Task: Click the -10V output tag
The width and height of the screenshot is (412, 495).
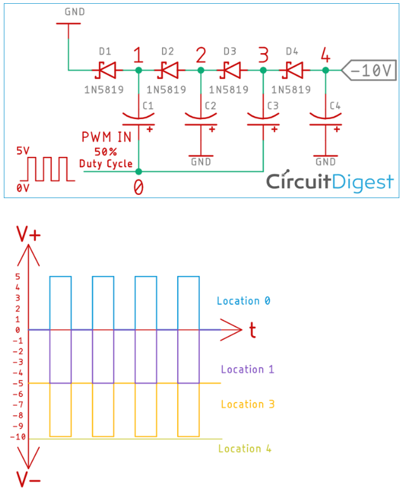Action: point(369,70)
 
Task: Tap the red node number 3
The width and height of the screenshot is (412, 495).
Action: point(263,56)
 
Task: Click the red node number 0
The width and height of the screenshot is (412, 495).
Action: point(139,187)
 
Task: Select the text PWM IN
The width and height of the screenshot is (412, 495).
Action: point(106,137)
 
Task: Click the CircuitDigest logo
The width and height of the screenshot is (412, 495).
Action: point(330,182)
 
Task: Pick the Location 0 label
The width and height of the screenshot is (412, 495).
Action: point(243,301)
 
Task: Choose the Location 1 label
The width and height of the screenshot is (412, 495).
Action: point(247,369)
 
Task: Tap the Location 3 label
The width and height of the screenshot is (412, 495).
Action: point(247,404)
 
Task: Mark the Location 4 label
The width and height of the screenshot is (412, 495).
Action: point(244,449)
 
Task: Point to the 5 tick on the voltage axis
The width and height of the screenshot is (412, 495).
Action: point(18,276)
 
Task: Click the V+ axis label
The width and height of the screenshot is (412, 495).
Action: point(28,235)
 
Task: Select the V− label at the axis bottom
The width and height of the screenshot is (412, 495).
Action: point(28,479)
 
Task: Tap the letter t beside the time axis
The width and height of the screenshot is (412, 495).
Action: point(252,330)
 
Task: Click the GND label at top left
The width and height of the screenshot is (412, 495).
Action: point(74,12)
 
